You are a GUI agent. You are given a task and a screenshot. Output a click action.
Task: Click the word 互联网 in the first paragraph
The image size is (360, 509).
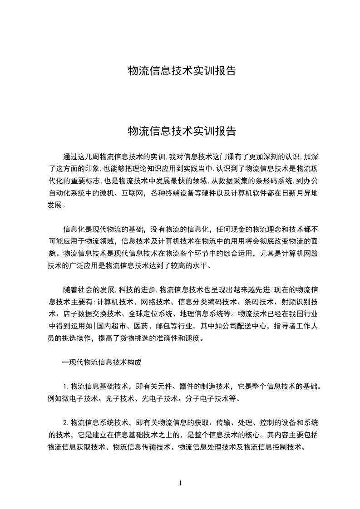point(132,192)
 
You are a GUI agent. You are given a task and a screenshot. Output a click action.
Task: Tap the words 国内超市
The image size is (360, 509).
point(116,325)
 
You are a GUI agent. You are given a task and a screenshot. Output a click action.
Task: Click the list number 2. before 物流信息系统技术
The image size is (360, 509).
point(66,423)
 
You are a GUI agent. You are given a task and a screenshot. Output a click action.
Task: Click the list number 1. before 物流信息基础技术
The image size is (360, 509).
point(66,387)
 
